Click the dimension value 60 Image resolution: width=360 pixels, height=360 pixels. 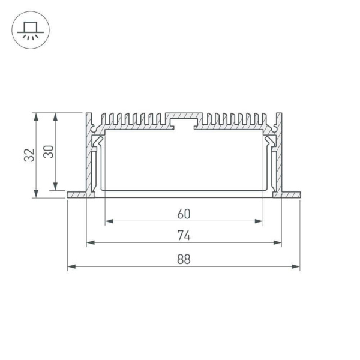pos(184,214)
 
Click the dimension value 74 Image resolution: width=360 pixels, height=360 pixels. pos(184,236)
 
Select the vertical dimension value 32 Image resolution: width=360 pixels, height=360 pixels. pos(29,155)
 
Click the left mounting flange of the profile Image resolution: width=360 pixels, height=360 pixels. pos(76,195)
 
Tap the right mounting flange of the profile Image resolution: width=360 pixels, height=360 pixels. pos(290,195)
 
